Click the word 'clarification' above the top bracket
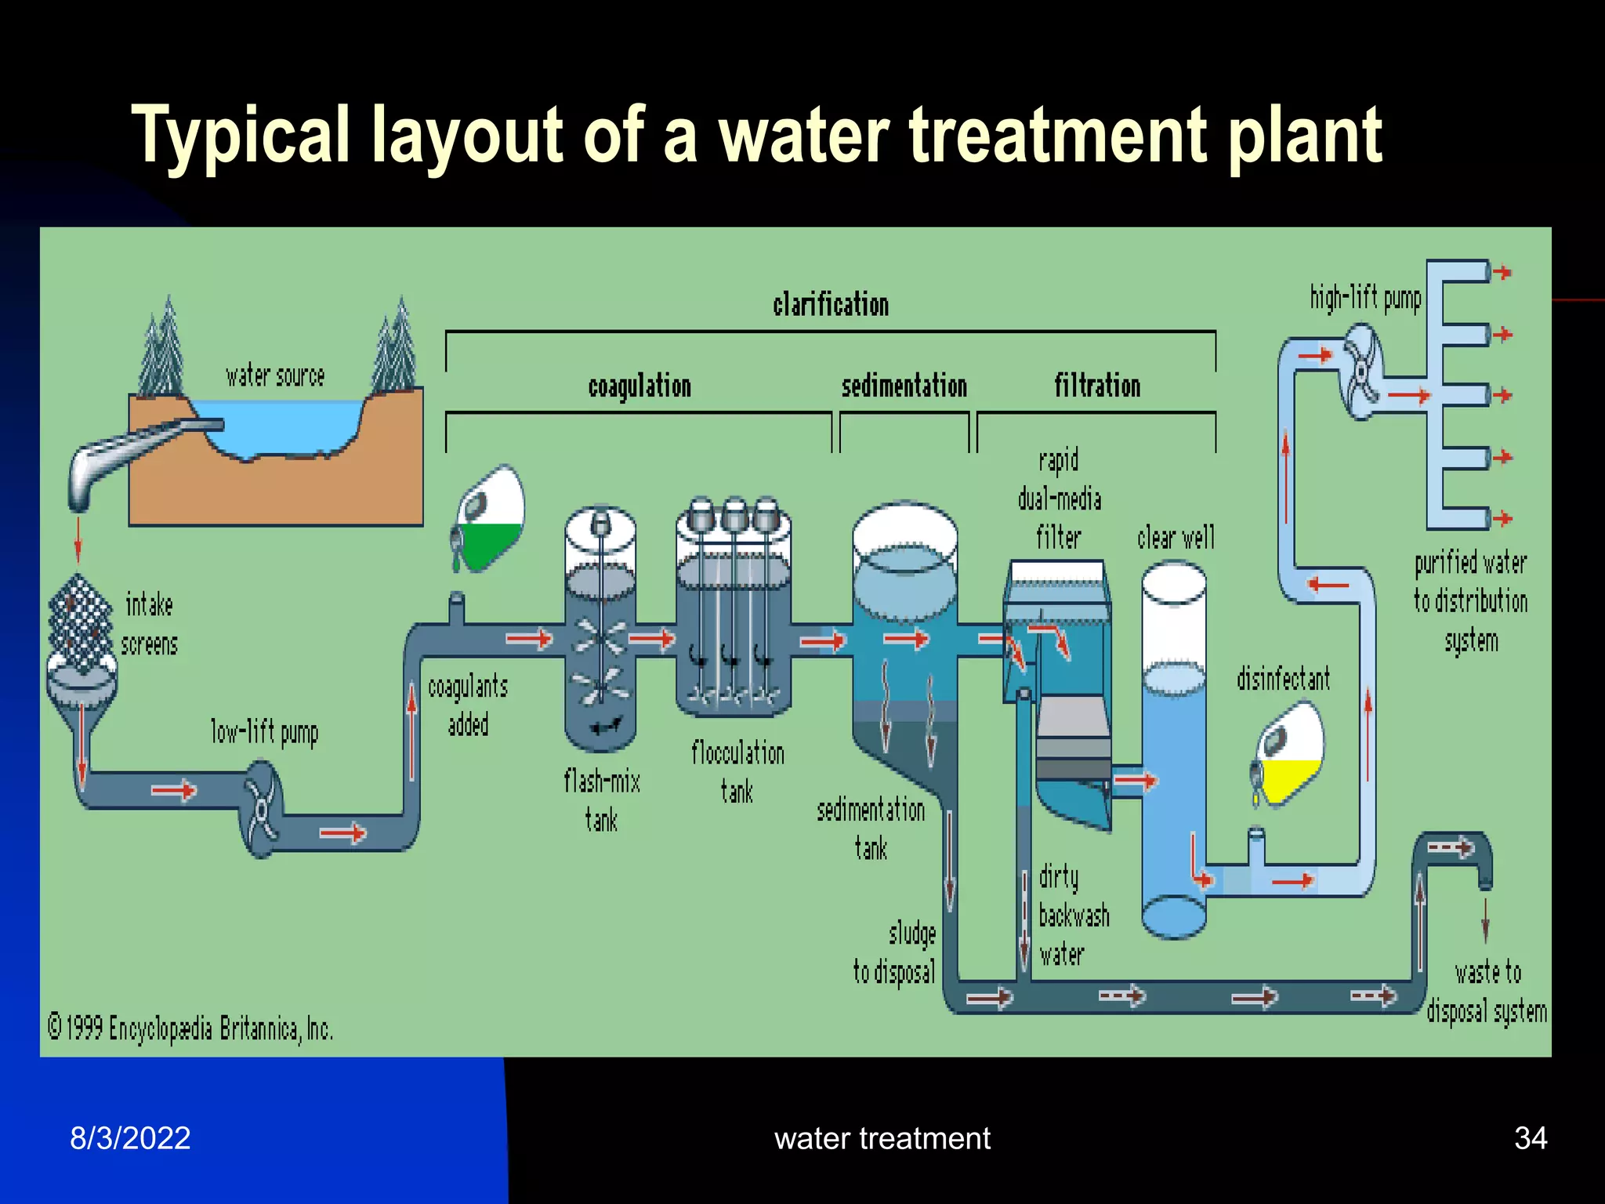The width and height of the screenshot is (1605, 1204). coord(831,304)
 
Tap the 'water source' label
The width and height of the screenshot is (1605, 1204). coord(275,376)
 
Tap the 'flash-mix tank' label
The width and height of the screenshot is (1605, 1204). coord(602,800)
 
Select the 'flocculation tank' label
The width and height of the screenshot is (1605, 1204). coord(737,772)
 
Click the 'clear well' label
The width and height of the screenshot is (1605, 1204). coord(1176,538)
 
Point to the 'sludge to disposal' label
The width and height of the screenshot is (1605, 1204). coord(896,953)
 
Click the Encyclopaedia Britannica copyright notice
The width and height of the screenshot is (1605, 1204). coord(190,1028)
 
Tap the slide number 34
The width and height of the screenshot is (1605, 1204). coord(1530,1138)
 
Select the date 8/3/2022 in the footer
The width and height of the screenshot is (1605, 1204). coord(130,1138)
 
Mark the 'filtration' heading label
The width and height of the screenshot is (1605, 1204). coord(1096,386)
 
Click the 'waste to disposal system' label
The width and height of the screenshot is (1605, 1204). coord(1487,992)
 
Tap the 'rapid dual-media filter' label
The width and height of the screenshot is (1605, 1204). coord(1060,499)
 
